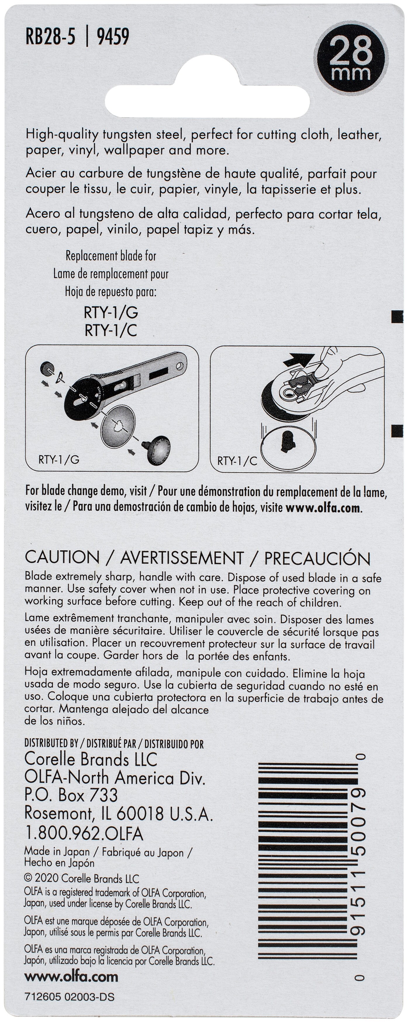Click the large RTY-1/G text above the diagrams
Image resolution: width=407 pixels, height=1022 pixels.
111,313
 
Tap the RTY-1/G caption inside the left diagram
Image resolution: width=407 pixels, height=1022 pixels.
59,459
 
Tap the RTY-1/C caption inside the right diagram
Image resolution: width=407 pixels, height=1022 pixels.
237,460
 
